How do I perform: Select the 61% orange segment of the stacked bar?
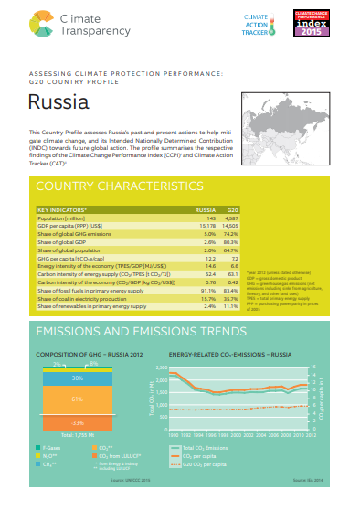[78, 399]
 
